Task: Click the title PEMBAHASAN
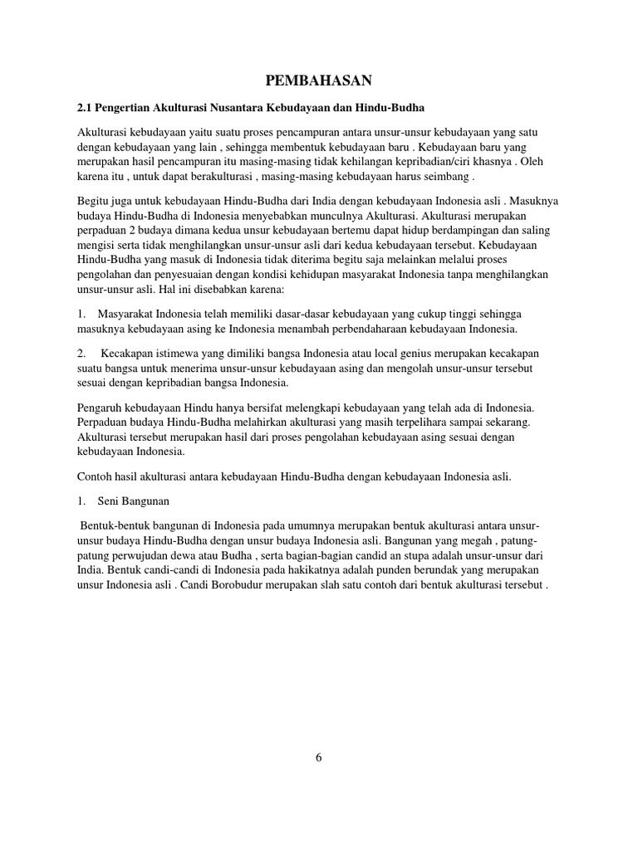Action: pos(319,81)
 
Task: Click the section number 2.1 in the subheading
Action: pos(85,109)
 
